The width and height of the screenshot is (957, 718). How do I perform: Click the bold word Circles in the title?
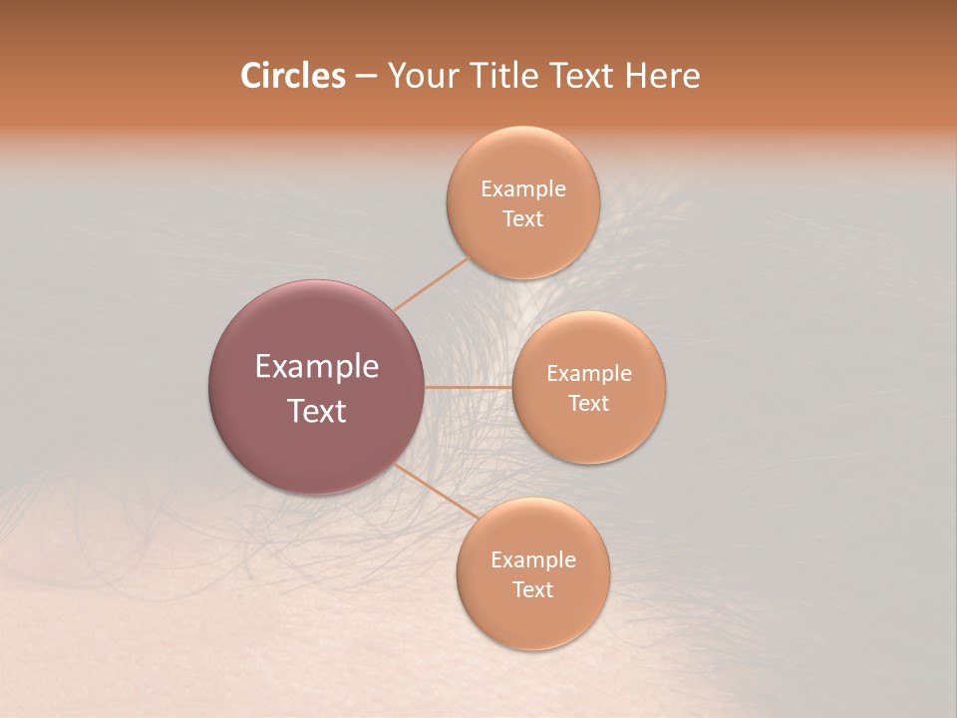(x=292, y=76)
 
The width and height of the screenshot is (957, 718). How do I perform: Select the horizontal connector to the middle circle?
(x=468, y=387)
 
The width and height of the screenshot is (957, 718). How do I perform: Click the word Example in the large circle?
(x=317, y=367)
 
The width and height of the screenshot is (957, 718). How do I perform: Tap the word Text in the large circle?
(x=317, y=411)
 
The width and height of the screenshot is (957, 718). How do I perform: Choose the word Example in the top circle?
(x=523, y=189)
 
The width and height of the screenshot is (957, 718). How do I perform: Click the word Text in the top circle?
(x=522, y=219)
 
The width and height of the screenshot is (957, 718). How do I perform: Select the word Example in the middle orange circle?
(x=589, y=374)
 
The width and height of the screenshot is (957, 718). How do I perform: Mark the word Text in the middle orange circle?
(x=588, y=404)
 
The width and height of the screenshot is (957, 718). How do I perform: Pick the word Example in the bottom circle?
(x=533, y=560)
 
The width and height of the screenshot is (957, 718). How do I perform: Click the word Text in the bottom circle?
(x=532, y=590)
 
